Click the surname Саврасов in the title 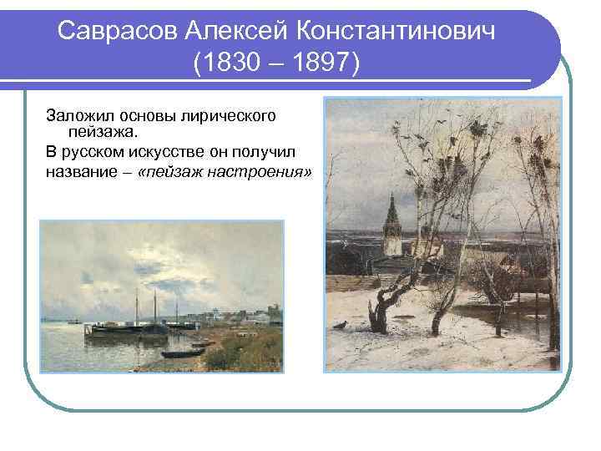coord(116,32)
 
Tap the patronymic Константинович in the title coord(402,32)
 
